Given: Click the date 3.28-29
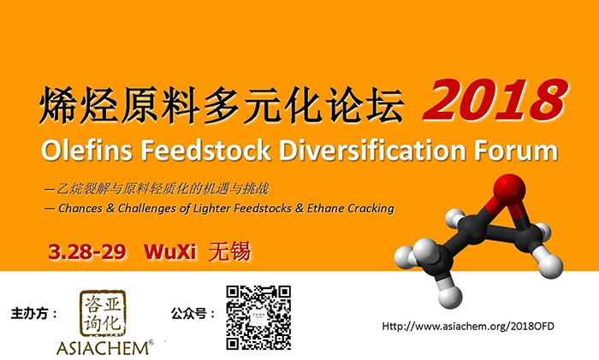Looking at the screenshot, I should tap(89, 253).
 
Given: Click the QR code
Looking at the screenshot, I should tap(258, 317).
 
